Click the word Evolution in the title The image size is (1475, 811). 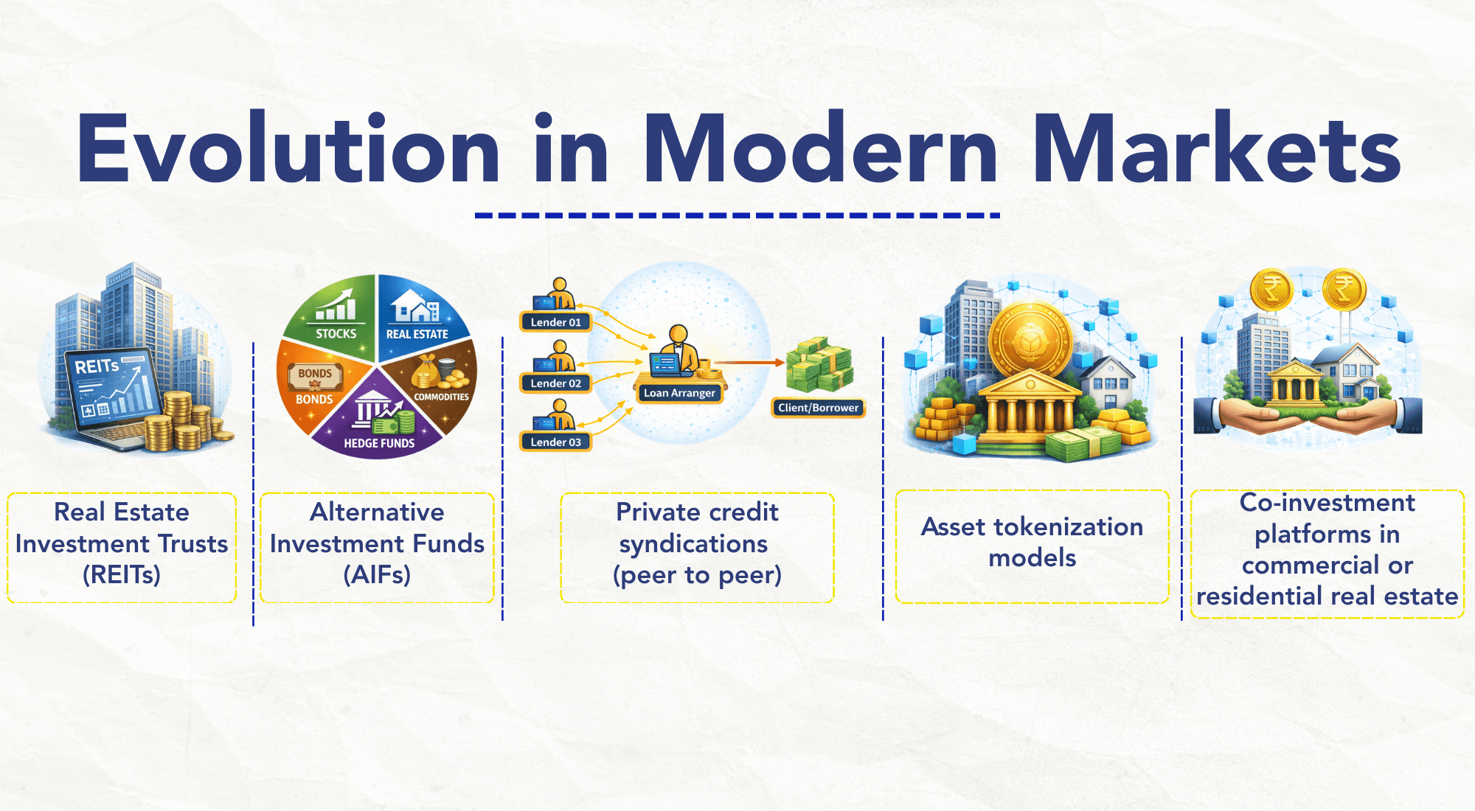coord(288,150)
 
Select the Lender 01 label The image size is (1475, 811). coord(555,322)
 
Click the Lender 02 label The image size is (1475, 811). coord(555,383)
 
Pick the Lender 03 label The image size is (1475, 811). coord(555,442)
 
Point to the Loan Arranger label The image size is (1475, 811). coord(679,393)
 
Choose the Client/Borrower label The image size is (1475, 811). coord(818,408)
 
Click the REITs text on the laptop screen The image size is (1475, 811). coord(97,366)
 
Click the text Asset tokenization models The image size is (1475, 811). coord(1032,542)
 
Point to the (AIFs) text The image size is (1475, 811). coord(377,575)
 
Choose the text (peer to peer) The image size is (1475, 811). coord(697,575)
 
